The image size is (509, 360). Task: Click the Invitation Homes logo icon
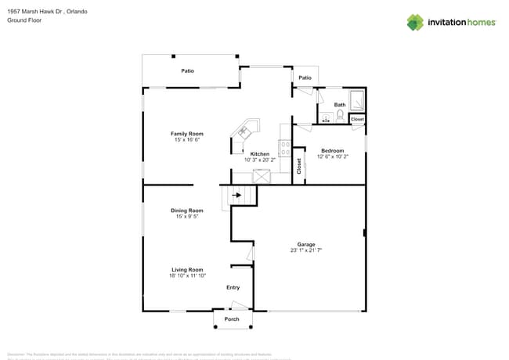415,22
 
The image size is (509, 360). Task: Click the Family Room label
187,134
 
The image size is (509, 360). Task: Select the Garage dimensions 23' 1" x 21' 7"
305,250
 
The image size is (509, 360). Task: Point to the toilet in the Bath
340,116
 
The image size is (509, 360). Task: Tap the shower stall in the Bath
357,102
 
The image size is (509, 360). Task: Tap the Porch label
232,319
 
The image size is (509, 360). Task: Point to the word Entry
233,287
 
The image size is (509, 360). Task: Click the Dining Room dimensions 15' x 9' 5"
187,216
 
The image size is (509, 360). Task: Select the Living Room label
187,269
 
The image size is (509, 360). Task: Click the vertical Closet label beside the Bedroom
298,166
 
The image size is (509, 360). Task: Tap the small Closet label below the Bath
357,119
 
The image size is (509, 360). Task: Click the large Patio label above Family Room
188,70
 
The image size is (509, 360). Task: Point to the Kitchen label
260,153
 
